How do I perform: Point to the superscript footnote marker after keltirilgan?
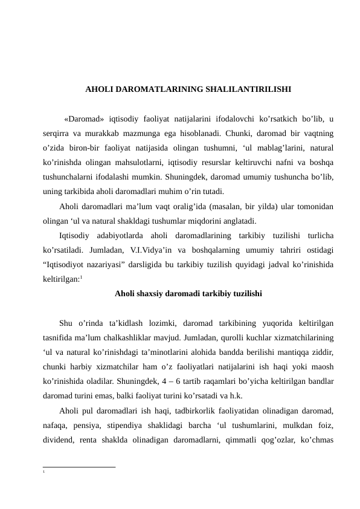tap(82, 277)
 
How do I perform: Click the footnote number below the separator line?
tap(44, 470)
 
